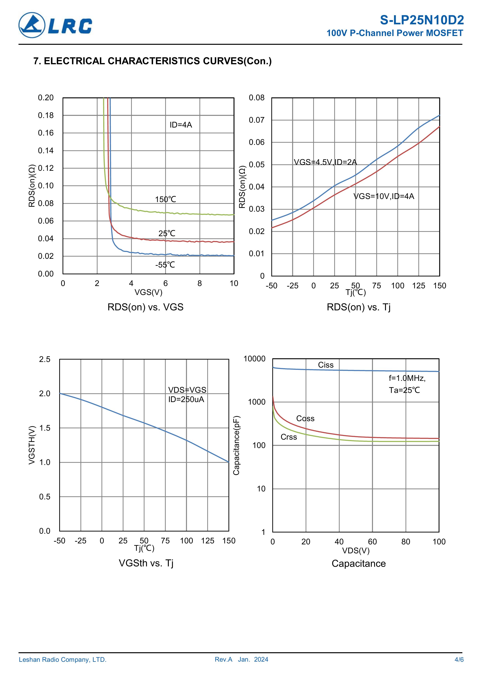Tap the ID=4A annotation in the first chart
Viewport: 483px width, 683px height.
point(181,125)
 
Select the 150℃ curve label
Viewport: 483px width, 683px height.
point(166,199)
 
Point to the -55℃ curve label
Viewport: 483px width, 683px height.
point(165,265)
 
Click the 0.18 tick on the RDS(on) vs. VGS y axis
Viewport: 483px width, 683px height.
point(46,115)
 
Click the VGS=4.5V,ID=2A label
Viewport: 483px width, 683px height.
point(325,162)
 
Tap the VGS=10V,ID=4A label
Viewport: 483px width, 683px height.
point(384,196)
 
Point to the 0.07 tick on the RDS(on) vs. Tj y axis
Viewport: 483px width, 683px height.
point(256,120)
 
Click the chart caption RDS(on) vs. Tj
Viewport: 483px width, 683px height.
point(359,307)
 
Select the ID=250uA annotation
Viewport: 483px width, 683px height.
point(186,400)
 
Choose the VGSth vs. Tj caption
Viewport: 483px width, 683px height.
point(146,563)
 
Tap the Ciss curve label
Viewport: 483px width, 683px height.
point(326,365)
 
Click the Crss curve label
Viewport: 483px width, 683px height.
point(289,437)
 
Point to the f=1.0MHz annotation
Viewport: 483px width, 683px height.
point(407,378)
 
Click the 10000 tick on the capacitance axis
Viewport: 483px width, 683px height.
point(254,359)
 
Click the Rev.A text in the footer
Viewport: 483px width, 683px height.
point(223,659)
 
